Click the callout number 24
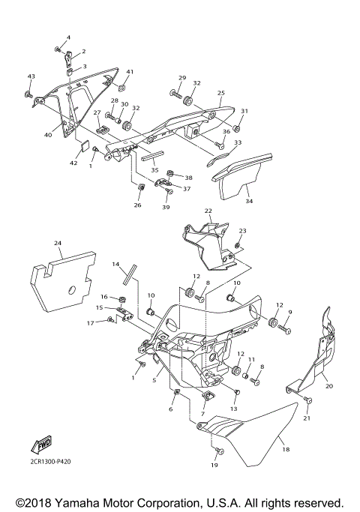57,244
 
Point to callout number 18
285,450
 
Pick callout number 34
249,201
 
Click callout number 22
208,211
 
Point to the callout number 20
328,386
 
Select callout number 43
31,76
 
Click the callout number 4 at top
67,37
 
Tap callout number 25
220,94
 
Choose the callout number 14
116,265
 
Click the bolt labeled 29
173,95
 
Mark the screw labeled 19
217,451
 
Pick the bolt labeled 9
284,328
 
